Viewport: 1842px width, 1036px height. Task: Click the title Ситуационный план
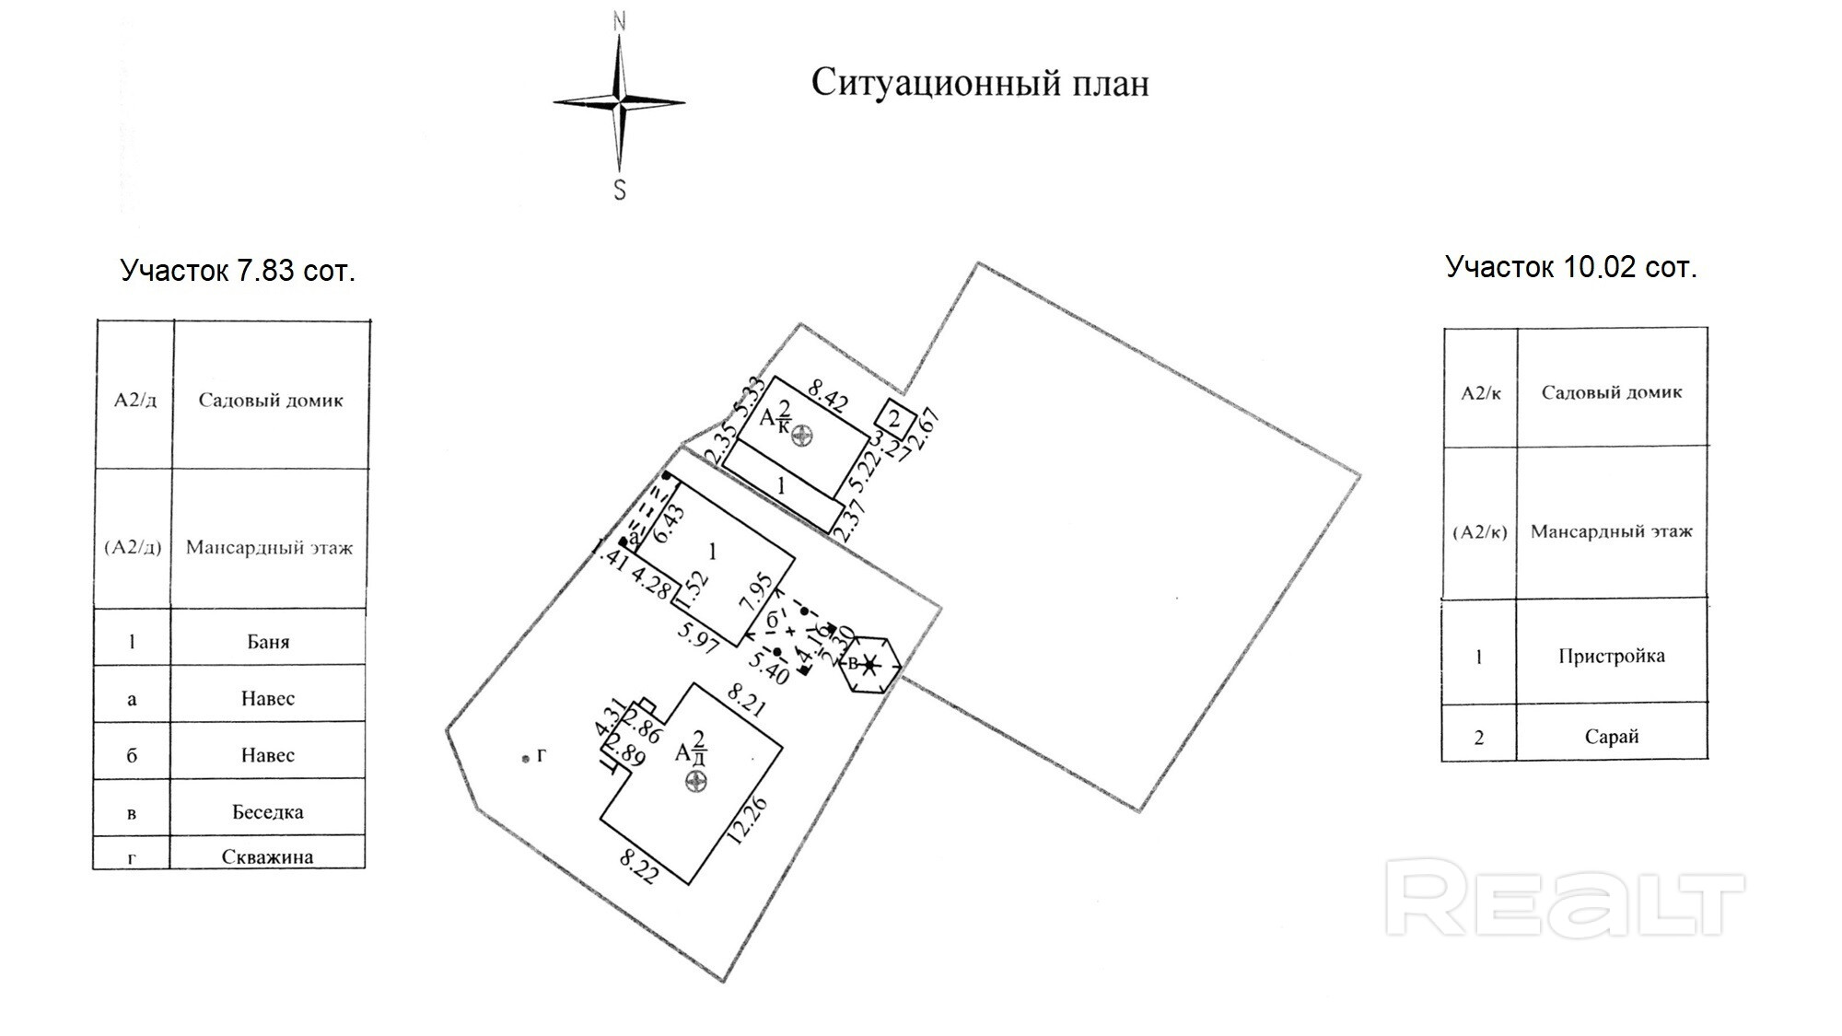point(979,84)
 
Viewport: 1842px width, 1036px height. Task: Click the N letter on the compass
point(620,20)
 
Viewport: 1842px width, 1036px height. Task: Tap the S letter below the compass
point(620,190)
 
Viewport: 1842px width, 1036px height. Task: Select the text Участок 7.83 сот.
point(238,271)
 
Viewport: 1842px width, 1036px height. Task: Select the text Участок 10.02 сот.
point(1570,267)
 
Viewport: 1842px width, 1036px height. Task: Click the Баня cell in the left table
point(268,642)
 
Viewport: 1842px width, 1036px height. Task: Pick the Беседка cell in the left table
point(268,812)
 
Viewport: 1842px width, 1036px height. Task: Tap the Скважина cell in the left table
point(268,856)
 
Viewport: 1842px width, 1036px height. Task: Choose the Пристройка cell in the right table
point(1611,657)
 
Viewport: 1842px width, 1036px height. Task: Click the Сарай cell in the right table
point(1611,737)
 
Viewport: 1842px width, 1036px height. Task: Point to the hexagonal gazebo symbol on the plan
point(869,663)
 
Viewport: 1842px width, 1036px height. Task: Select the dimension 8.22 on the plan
point(638,867)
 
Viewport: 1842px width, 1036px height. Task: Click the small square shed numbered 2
point(893,419)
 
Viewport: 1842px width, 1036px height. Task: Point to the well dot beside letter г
point(525,758)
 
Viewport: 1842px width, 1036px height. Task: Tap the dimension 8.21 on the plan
point(745,699)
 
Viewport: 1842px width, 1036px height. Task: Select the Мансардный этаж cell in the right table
point(1611,531)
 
